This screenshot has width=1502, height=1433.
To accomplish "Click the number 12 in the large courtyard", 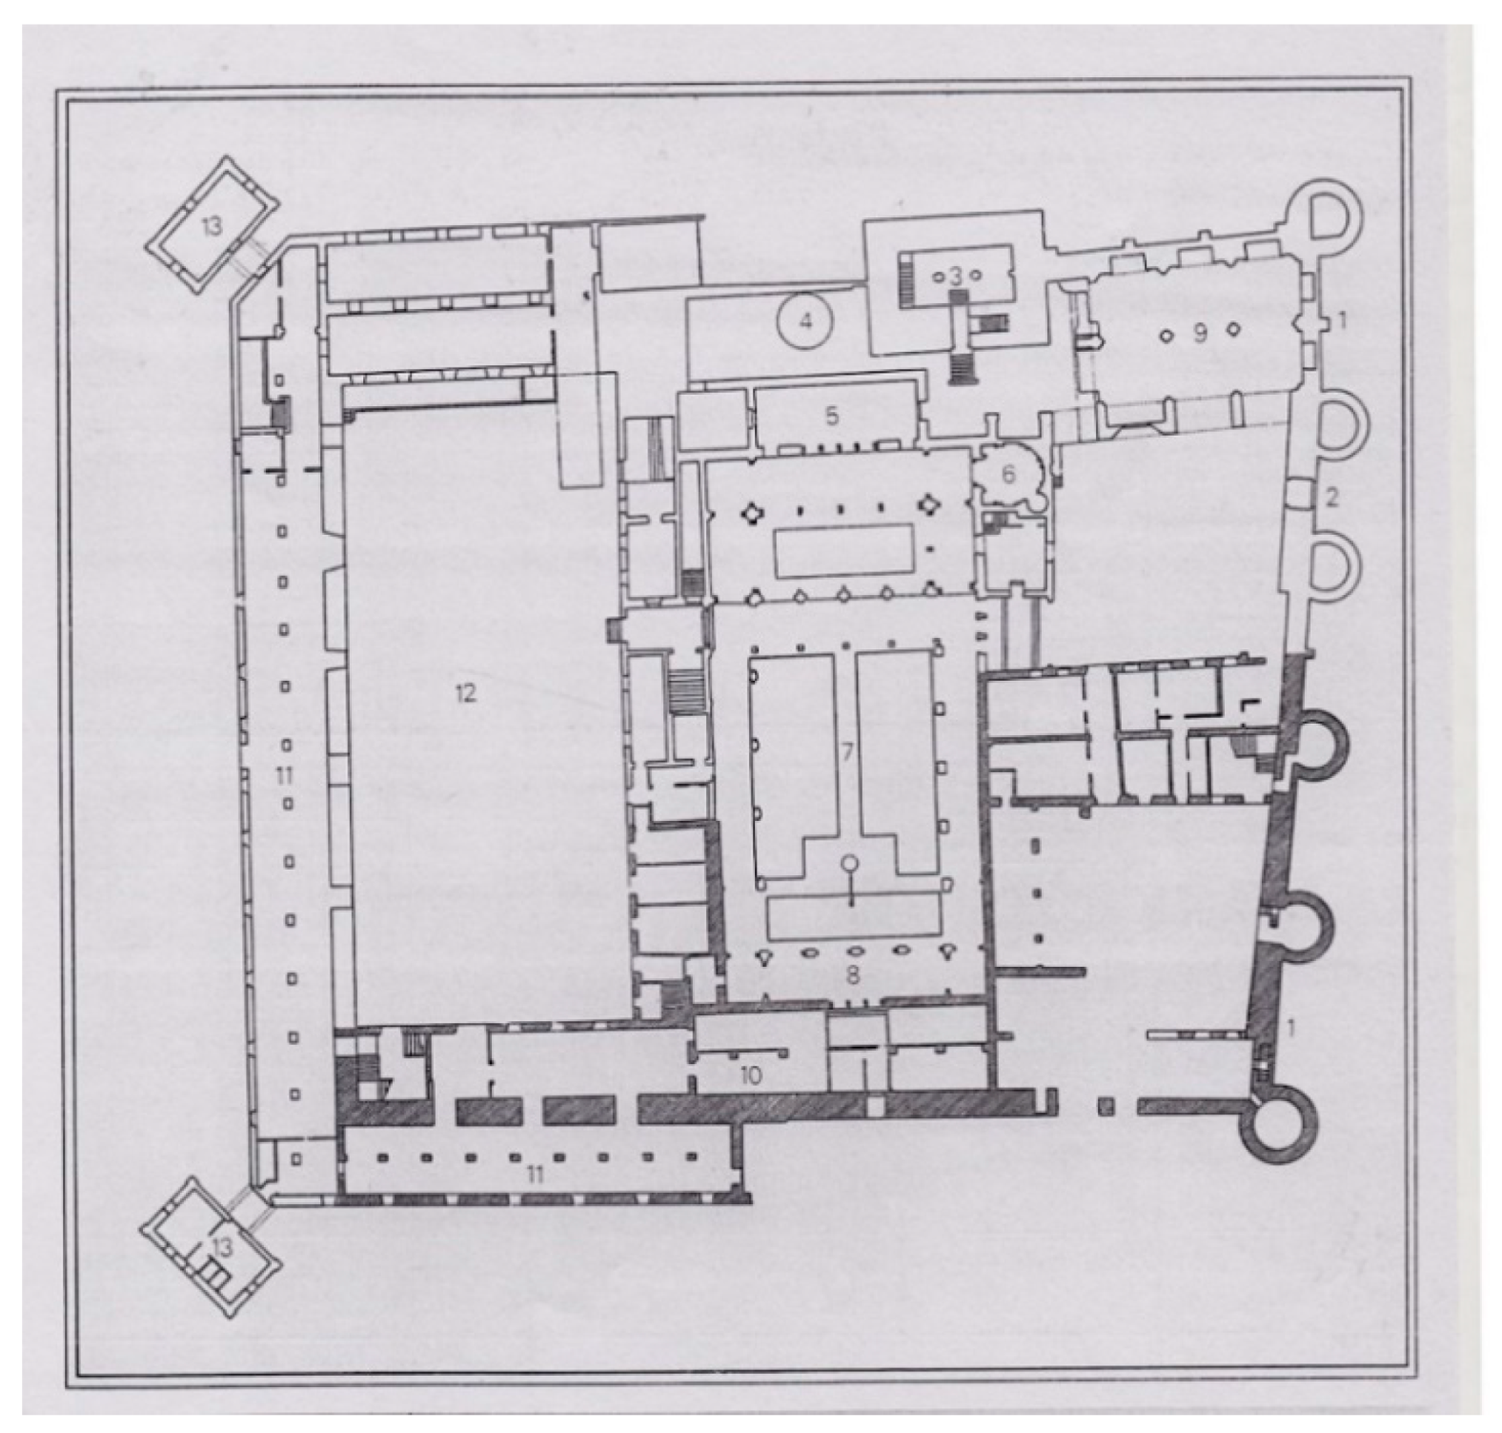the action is pos(464,693).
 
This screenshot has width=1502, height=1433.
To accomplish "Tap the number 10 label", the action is pos(750,1076).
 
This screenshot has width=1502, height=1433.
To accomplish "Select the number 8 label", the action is pos(853,974).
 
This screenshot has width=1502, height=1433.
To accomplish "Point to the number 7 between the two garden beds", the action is pos(845,752).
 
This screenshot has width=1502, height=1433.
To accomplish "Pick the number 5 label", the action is pos(832,416).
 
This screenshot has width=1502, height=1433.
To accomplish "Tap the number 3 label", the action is pos(955,276).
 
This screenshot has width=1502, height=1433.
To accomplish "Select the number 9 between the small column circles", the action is pos(1200,333).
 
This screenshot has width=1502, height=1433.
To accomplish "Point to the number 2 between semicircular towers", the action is pos(1333,496).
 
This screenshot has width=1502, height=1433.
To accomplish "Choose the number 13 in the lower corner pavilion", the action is pos(222,1246).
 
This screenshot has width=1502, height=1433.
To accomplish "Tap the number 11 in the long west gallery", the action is pos(283,777).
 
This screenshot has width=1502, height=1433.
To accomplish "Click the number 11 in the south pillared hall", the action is pos(535,1175).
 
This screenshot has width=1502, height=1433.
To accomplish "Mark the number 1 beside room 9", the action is pos(1341,321).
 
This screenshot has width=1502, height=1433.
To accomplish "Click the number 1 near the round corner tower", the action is pos(1291,1027).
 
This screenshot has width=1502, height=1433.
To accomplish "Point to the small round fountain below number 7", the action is pos(849,865).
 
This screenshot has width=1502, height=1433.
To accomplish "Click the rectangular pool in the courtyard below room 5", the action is pos(843,551).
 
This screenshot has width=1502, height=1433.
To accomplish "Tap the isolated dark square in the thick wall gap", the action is pos(1106,1107).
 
